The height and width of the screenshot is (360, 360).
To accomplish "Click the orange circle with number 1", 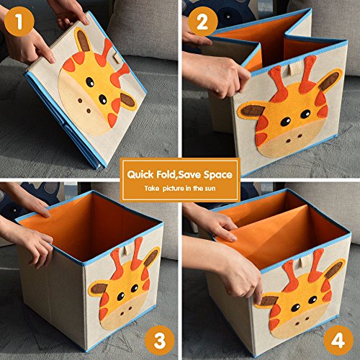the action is (x=19, y=22).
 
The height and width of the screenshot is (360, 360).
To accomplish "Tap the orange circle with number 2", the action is (x=202, y=22).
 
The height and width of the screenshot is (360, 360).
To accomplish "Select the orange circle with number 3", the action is (x=160, y=341).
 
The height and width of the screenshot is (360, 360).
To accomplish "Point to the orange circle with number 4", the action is (x=338, y=341).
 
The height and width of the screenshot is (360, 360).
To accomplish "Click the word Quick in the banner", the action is (x=140, y=174).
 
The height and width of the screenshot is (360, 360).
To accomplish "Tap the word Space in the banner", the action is (x=218, y=175).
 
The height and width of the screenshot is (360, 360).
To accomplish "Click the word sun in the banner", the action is (x=210, y=189).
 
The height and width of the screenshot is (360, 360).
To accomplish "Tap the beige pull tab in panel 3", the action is (x=126, y=251).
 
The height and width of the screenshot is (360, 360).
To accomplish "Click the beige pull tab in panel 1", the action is (x=117, y=58).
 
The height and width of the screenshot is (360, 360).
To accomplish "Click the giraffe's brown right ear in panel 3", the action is (x=151, y=258).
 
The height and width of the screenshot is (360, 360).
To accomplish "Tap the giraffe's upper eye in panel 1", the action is (x=90, y=82).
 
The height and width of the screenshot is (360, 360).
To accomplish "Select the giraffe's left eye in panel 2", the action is (x=286, y=122).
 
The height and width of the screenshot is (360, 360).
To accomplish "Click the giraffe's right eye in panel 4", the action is (x=312, y=300).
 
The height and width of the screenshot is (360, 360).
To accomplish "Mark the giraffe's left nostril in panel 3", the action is (x=122, y=313).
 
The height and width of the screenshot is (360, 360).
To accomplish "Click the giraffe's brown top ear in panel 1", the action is (x=83, y=40).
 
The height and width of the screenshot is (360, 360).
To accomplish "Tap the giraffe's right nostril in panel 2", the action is (x=300, y=136).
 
